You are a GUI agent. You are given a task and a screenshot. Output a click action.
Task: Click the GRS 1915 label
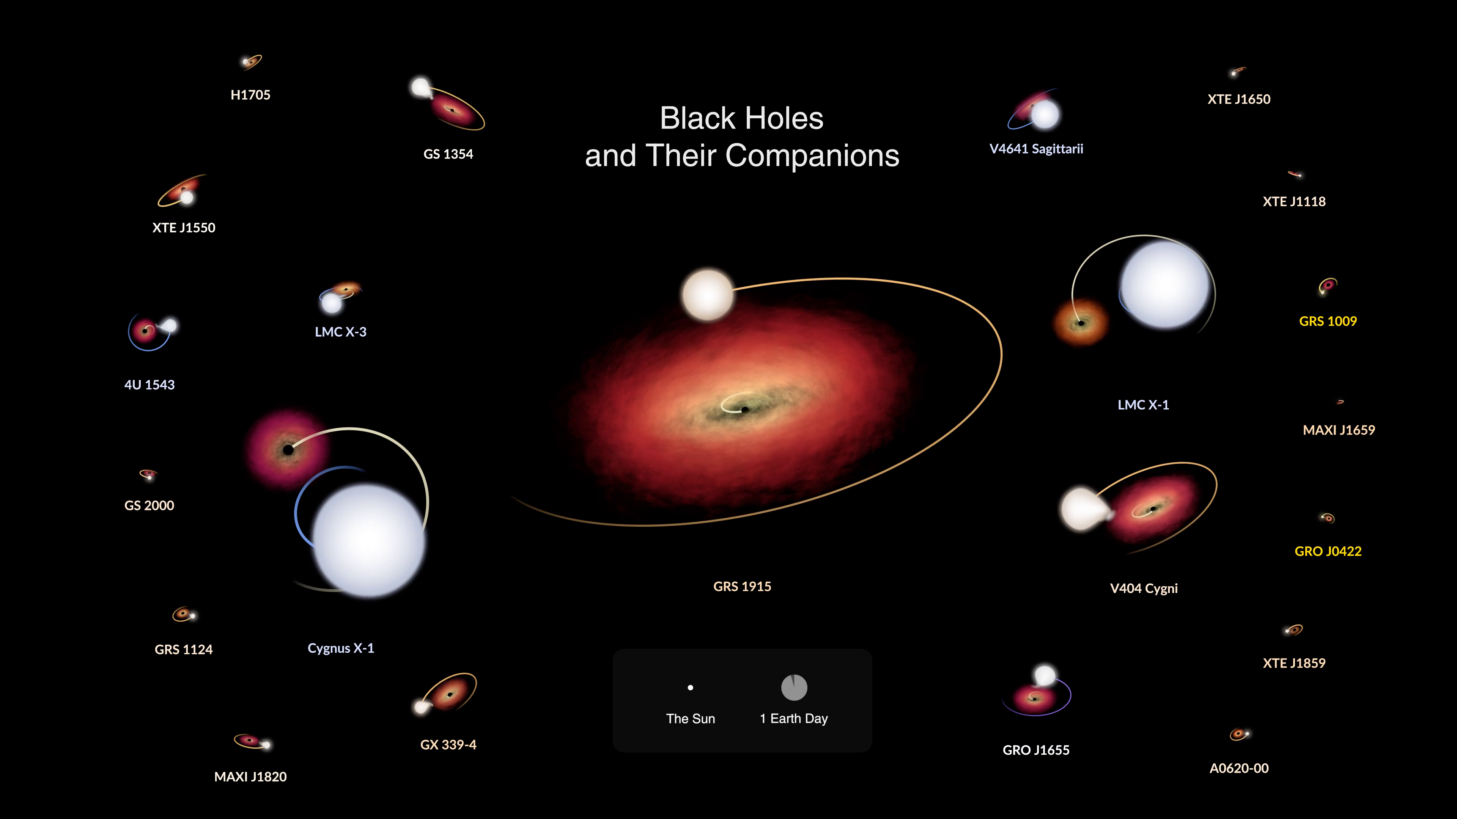pyautogui.click(x=742, y=586)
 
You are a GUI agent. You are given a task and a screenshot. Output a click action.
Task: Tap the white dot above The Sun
pyautogui.click(x=690, y=688)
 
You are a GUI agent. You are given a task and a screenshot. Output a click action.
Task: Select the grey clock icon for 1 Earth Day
pyautogui.click(x=794, y=687)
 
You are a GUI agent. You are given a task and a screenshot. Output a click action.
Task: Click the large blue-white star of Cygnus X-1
pyautogui.click(x=369, y=540)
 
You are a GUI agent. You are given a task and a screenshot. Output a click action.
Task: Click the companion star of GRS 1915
pyautogui.click(x=708, y=295)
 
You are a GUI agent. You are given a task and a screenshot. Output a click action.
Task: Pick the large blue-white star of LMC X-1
pyautogui.click(x=1165, y=285)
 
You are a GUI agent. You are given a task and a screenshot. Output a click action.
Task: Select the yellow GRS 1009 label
pyautogui.click(x=1328, y=321)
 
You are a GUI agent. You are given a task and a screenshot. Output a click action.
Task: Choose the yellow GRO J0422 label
pyautogui.click(x=1328, y=551)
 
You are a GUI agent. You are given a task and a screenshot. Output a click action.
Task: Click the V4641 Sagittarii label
pyautogui.click(x=1036, y=149)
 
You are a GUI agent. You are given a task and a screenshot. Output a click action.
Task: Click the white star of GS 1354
pyautogui.click(x=421, y=88)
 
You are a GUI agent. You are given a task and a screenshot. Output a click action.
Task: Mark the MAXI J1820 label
pyautogui.click(x=250, y=777)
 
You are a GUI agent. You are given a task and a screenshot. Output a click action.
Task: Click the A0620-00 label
pyautogui.click(x=1239, y=768)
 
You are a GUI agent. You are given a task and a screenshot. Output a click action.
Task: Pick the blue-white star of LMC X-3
pyautogui.click(x=332, y=303)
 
